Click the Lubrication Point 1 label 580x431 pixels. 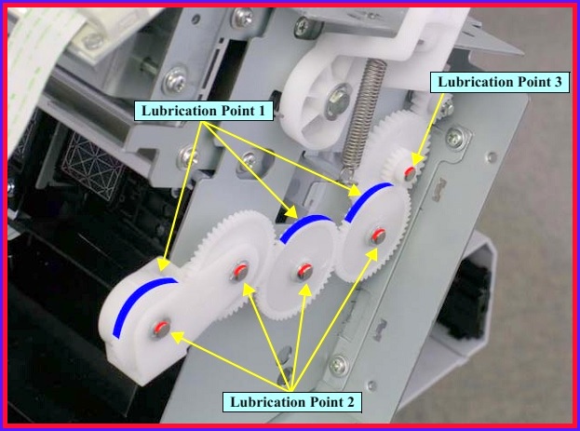coord(204,111)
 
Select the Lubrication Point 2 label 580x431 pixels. coord(291,402)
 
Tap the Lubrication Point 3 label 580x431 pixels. coord(499,82)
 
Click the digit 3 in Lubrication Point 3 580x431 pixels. coord(558,82)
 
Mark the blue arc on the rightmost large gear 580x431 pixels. coord(367,200)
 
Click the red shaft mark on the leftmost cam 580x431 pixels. coord(162,327)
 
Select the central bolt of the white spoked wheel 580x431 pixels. coord(337,101)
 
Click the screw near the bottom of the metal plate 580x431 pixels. coord(339,366)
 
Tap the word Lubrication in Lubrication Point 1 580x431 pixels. coord(179,111)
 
